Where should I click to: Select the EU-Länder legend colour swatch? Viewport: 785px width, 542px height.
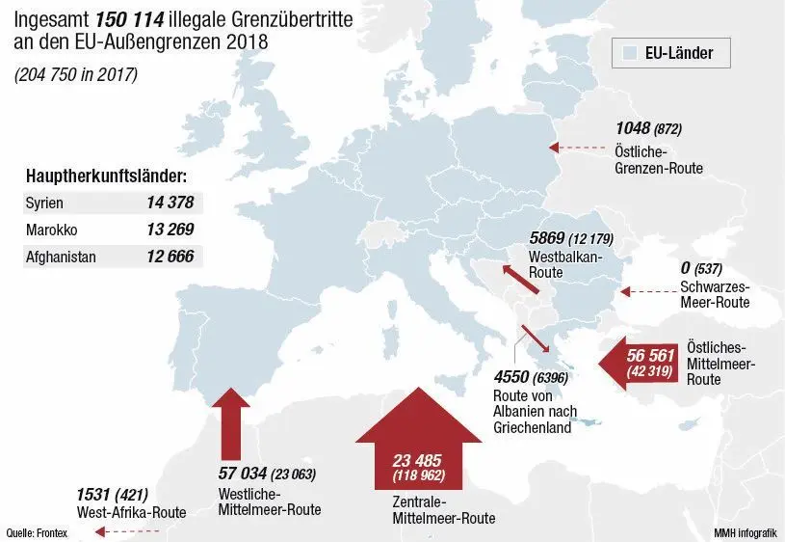pyautogui.click(x=632, y=53)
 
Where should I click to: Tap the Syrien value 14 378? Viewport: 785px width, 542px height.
pyautogui.click(x=170, y=203)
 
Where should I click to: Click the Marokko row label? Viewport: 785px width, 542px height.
pyautogui.click(x=53, y=230)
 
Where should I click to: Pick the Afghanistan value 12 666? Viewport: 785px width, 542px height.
pyautogui.click(x=170, y=257)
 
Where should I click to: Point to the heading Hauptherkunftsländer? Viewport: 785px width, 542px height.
pyautogui.click(x=106, y=177)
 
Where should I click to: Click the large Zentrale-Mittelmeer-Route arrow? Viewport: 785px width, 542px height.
pyautogui.click(x=417, y=443)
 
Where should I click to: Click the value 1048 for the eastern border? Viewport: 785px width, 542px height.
pyautogui.click(x=633, y=128)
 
